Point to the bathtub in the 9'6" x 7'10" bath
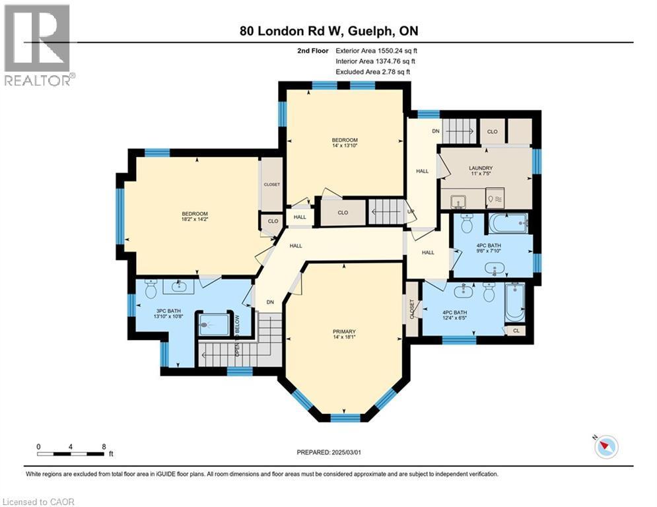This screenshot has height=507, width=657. point(507,224)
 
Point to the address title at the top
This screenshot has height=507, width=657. point(328,30)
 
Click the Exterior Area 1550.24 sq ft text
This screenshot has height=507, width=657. point(376,50)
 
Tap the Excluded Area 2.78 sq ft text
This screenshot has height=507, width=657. point(373,71)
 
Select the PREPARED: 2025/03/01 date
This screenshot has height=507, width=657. point(329,452)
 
